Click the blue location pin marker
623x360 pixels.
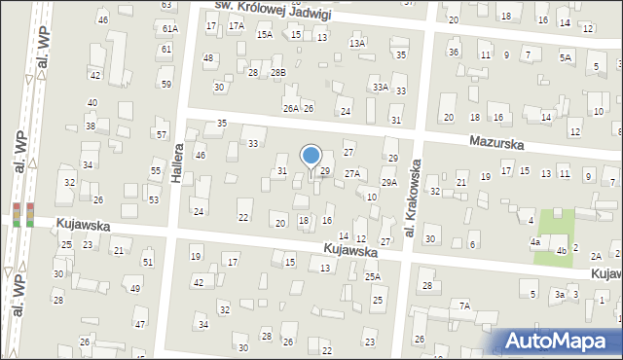tap(311, 156)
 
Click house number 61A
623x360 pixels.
tap(170, 29)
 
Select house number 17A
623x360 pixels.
tap(237, 25)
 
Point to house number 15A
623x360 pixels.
tap(265, 34)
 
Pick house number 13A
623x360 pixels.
tap(357, 43)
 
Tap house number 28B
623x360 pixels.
tap(278, 72)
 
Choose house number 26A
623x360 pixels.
tap(290, 108)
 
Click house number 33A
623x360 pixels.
tap(380, 87)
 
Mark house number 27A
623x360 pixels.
tap(351, 172)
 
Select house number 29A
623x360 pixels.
tap(388, 182)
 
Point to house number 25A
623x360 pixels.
tap(373, 276)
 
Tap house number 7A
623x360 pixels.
tap(465, 306)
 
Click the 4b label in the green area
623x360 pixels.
tap(562, 251)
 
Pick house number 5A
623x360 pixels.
tap(565, 57)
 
